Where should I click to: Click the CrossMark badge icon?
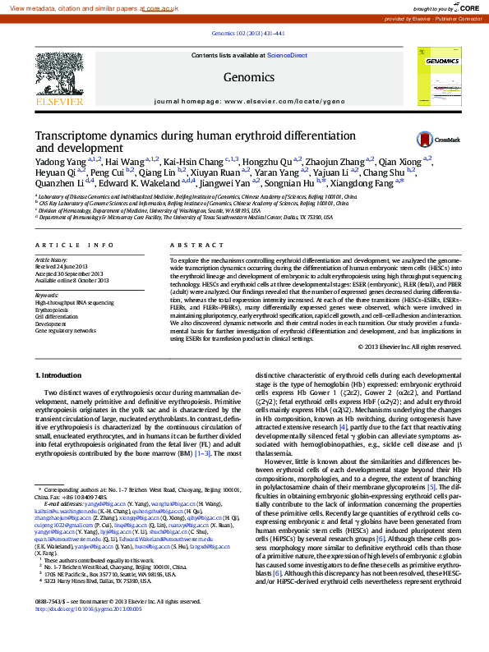[x=426, y=140]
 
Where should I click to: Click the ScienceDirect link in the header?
[x=287, y=55]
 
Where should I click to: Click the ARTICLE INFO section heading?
[x=75, y=246]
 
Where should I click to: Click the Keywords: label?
[x=47, y=295]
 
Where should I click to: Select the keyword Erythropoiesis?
[x=53, y=310]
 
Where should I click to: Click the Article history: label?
[x=52, y=259]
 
